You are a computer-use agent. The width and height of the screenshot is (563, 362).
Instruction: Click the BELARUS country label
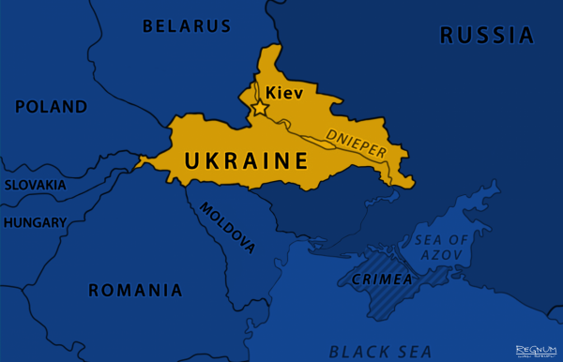tap(186, 25)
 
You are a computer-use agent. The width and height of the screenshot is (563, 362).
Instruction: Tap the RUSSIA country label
tap(487, 36)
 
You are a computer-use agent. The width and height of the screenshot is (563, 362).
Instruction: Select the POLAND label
tap(52, 106)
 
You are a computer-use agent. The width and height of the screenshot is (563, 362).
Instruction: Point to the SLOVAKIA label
tap(35, 185)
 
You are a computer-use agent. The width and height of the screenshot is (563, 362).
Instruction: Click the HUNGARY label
tap(35, 223)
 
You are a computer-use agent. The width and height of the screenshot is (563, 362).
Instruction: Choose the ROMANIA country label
tap(135, 290)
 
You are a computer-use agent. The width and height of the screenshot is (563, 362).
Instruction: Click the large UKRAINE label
tap(246, 160)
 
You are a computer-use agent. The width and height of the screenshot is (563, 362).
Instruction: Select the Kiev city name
tap(284, 93)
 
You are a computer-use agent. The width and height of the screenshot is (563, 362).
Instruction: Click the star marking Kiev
tap(258, 110)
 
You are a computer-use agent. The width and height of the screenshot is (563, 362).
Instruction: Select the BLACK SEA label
tap(380, 352)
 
